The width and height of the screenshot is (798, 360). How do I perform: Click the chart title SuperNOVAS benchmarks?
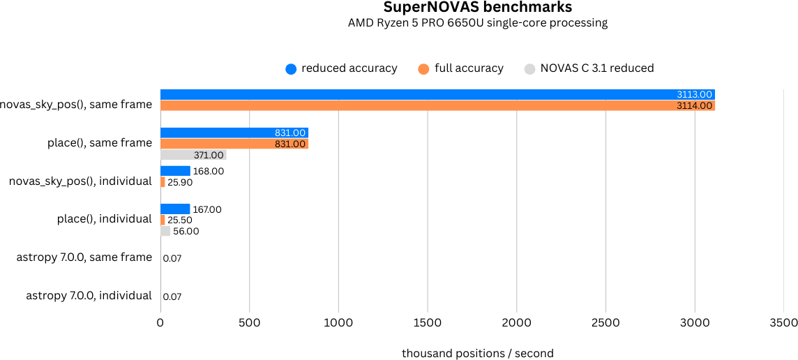[478, 8]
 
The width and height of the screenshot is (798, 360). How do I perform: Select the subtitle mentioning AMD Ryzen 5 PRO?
[478, 23]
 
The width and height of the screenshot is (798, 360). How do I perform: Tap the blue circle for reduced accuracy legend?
[291, 68]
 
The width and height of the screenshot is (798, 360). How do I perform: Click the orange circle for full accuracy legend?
[423, 68]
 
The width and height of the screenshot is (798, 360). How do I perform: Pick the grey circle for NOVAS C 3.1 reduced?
[529, 68]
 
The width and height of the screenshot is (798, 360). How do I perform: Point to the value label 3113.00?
[694, 95]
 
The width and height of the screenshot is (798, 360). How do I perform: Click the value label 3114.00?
[694, 106]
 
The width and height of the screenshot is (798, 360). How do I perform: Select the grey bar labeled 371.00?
[193, 155]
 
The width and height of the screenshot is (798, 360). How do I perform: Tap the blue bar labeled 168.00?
[175, 171]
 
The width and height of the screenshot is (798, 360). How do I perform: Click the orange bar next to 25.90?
[163, 182]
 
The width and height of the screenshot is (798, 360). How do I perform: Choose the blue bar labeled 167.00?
[175, 209]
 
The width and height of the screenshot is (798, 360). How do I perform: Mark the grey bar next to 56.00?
[165, 231]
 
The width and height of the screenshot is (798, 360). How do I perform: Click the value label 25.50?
[180, 220]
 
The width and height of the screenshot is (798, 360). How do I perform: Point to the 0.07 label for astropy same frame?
[172, 259]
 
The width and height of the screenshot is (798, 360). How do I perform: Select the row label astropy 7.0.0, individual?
[89, 296]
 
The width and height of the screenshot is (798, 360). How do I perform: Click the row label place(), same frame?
[99, 143]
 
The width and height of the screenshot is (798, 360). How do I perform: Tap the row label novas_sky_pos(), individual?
[80, 181]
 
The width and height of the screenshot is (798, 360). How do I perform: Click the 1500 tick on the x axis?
[428, 323]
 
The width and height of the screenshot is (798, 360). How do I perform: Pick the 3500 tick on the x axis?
[783, 323]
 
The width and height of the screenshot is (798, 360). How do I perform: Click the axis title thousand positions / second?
[478, 354]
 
